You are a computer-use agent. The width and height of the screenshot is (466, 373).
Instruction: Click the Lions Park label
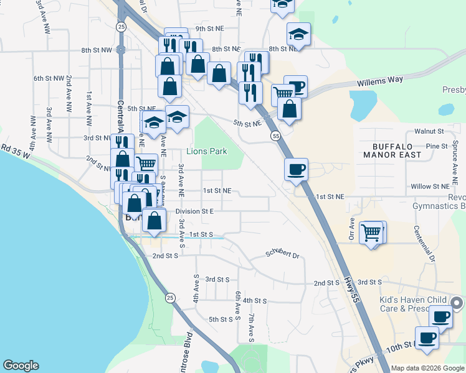tap(207, 152)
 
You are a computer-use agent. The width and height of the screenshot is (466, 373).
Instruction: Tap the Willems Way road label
tap(380, 81)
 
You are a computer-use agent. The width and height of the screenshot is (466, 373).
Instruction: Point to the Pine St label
tap(437, 146)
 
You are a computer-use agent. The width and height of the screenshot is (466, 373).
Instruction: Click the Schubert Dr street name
tap(283, 254)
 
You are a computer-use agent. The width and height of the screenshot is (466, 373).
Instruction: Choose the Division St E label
tap(194, 211)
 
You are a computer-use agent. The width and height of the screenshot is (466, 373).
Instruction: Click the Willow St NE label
tap(430, 186)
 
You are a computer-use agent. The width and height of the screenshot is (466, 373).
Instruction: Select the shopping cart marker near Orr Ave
tap(372, 233)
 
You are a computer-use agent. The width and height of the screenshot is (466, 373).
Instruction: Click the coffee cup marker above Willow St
tap(297, 169)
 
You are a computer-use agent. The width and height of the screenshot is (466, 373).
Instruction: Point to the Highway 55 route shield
tap(274, 136)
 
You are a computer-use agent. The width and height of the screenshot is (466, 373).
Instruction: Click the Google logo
tap(21, 366)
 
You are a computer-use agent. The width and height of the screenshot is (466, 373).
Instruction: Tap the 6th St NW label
tap(49, 78)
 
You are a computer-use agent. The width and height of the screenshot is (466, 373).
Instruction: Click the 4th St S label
tap(255, 300)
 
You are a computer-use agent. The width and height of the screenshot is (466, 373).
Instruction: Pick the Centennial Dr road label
tap(425, 242)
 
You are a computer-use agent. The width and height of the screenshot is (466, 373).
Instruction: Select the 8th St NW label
tap(96, 50)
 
